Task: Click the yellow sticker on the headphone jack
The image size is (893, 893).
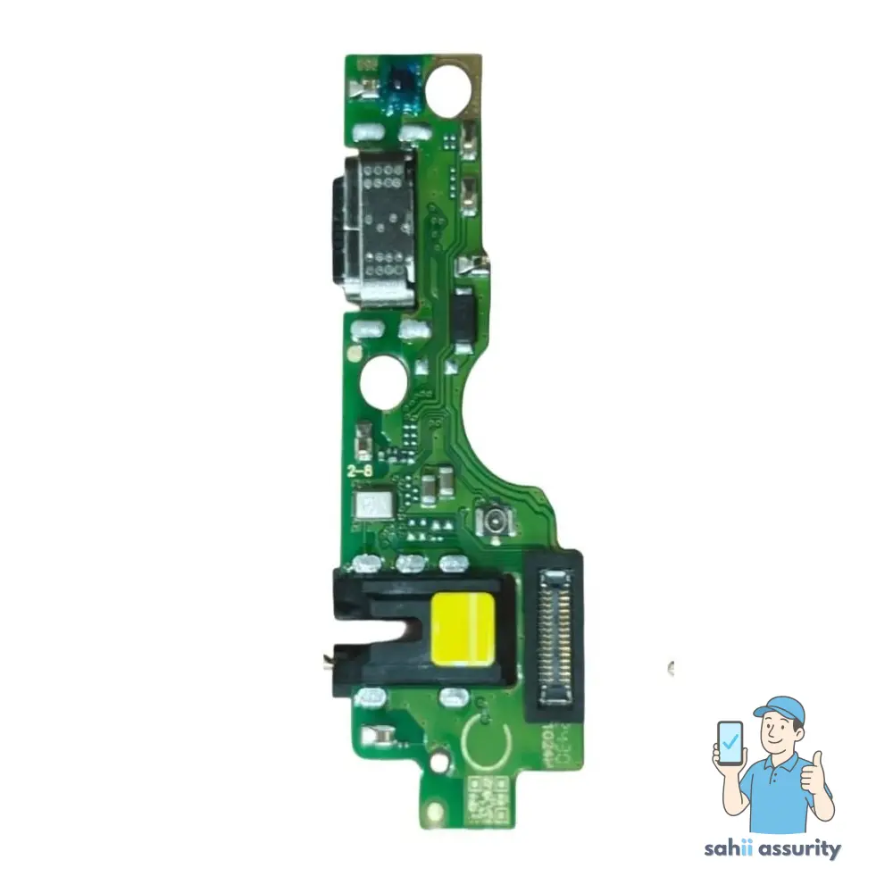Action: click(x=463, y=630)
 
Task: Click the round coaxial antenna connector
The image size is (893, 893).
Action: click(x=492, y=520)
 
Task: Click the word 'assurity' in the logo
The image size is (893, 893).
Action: click(x=800, y=848)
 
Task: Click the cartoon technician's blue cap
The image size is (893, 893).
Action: click(x=779, y=710)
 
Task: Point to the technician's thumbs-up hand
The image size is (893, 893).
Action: click(x=814, y=769)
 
